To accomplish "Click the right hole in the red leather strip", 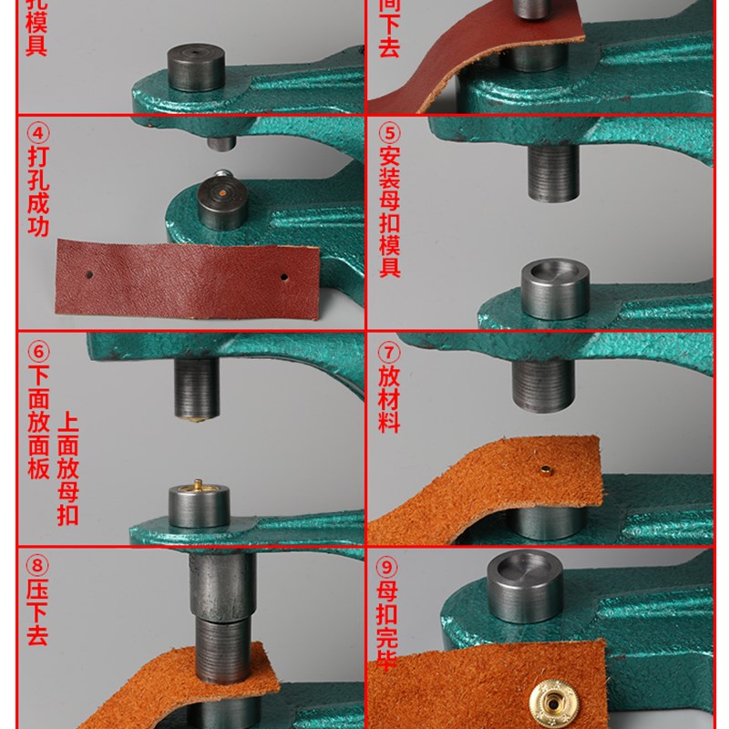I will [284, 275].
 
